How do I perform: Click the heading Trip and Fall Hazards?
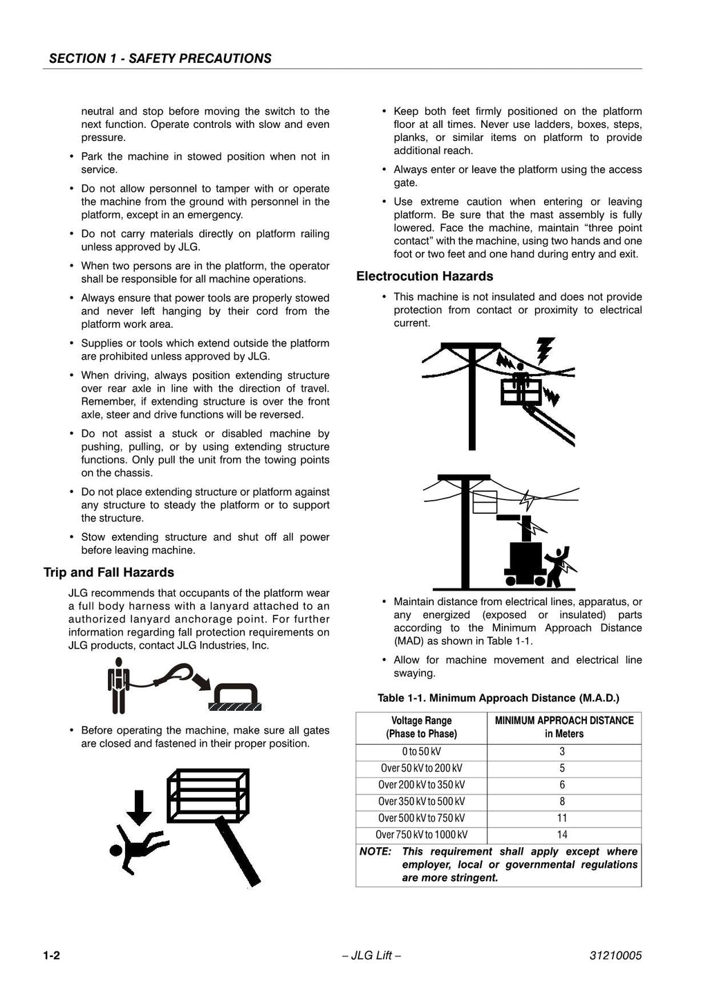tap(109, 573)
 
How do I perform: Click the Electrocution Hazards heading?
tap(425, 277)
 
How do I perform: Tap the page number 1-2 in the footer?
tap(51, 956)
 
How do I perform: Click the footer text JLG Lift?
tap(371, 956)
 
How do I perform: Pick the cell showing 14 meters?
tap(562, 835)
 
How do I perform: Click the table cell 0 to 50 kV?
tap(421, 752)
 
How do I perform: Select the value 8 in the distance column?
tap(562, 801)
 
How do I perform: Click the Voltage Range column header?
tap(421, 727)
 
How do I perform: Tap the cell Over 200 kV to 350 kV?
tap(421, 785)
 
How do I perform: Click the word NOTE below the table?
tap(375, 852)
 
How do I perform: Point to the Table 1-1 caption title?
tap(498, 698)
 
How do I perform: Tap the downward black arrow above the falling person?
tap(140, 806)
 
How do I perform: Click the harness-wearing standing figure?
tap(118, 685)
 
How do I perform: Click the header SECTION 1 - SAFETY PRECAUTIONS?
tap(160, 59)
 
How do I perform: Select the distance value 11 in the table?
tap(562, 818)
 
